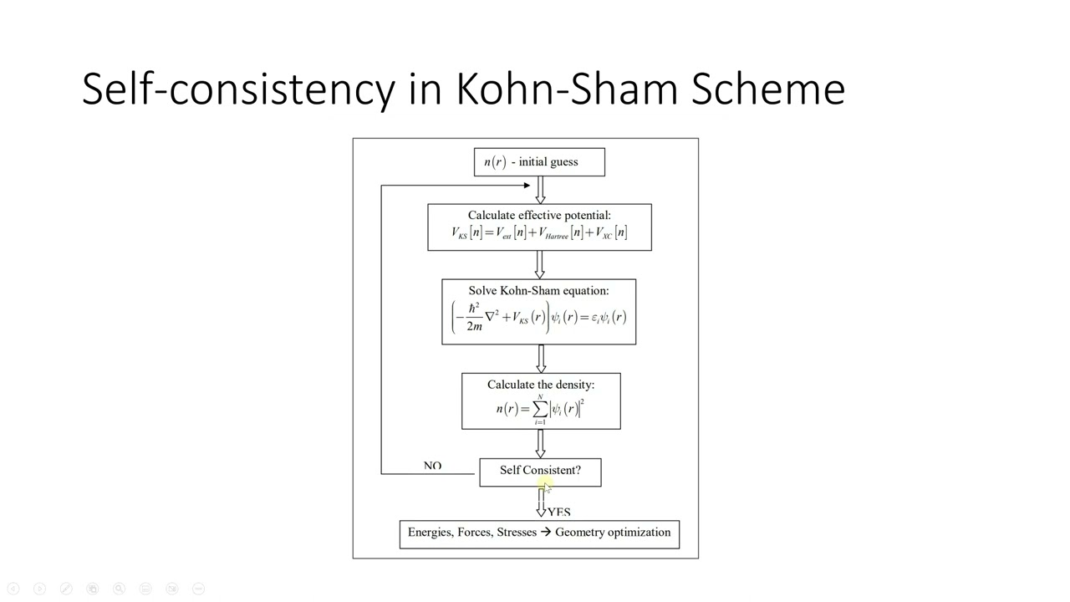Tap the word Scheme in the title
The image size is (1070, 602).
[767, 88]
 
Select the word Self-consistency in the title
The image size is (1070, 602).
[237, 89]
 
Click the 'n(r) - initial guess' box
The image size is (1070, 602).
[539, 162]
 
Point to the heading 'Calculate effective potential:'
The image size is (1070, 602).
[539, 215]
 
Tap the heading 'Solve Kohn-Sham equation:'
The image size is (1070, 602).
[538, 290]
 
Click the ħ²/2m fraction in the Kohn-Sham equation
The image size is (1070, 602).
[474, 317]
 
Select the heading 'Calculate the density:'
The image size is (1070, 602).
[541, 385]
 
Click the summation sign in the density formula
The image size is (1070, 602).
[540, 408]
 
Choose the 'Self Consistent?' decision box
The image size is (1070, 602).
[540, 471]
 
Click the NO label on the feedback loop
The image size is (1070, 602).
[432, 466]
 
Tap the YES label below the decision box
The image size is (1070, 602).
[559, 511]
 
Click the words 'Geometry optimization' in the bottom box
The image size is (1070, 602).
[613, 533]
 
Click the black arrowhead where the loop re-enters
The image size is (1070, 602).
[525, 185]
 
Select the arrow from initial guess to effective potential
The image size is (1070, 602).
[540, 191]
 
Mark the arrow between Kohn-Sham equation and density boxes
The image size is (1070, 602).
[541, 359]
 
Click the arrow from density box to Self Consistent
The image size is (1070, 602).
[541, 444]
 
